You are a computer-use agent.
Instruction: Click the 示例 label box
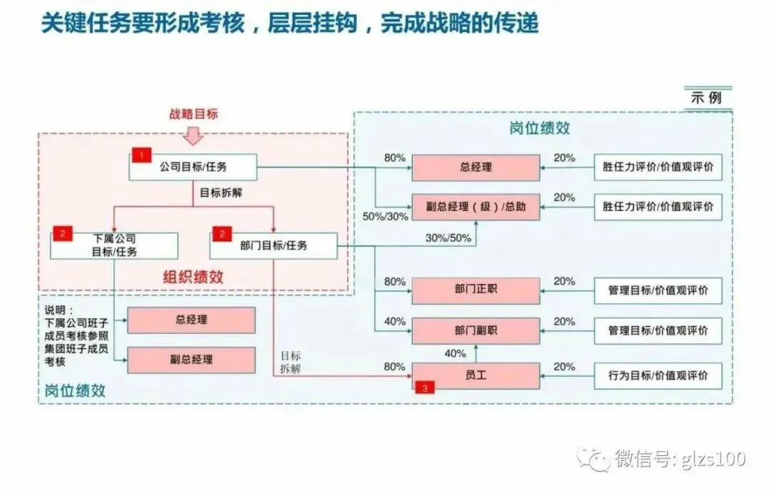[707, 96]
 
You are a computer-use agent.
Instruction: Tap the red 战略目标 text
[193, 113]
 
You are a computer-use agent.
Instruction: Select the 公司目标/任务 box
[192, 168]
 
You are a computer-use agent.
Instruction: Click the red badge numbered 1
[141, 154]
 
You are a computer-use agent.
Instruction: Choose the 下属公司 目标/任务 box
[114, 245]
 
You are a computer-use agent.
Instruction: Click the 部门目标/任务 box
[273, 245]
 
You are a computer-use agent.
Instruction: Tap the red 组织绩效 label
[193, 277]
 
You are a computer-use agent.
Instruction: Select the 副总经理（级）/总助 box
[475, 207]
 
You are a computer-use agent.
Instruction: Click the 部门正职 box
[475, 291]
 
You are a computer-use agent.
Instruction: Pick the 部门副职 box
[475, 331]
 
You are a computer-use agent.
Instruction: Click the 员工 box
[475, 375]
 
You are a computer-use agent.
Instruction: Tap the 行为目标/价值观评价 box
[657, 376]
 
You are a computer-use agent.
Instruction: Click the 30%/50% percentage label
[448, 238]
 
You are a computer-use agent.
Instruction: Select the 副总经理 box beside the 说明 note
[191, 359]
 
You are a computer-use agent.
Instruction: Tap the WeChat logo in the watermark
[594, 458]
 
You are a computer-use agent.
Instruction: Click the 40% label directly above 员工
[455, 353]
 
